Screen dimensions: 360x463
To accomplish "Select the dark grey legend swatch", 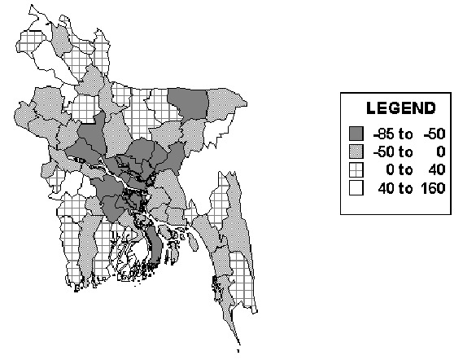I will [x=356, y=133].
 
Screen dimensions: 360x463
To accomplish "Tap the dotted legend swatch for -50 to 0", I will [x=356, y=151].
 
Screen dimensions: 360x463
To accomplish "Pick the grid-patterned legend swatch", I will [x=356, y=169].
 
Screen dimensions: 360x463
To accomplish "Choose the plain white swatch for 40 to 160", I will [x=356, y=188].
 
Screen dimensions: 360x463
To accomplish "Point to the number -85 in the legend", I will [x=380, y=133].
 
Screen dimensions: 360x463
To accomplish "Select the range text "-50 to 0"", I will [x=403, y=151].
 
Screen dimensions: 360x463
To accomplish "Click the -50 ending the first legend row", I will [x=428, y=133].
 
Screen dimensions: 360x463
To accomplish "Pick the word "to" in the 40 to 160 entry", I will [x=404, y=188].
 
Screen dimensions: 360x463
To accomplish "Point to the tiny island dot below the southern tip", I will [x=236, y=352].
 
